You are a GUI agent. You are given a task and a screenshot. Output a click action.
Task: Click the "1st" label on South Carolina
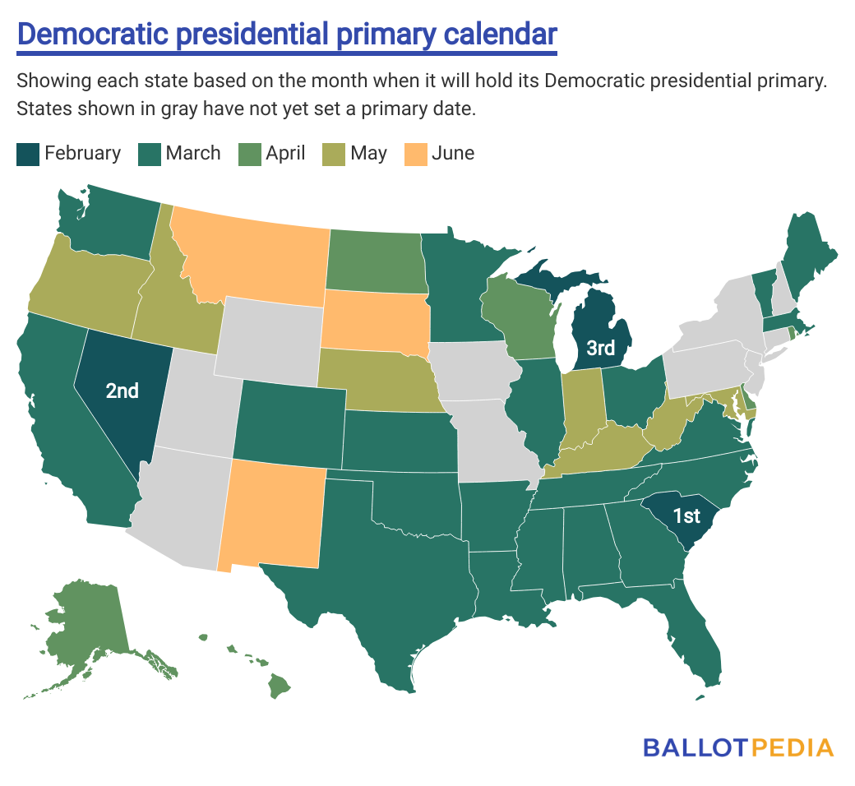point(686,516)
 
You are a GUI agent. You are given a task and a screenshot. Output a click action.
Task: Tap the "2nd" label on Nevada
point(122,391)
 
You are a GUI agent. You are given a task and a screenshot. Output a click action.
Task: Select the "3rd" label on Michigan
point(600,348)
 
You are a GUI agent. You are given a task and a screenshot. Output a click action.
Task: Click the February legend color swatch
point(27,154)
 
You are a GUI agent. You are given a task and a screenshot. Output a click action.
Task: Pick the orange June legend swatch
point(416,154)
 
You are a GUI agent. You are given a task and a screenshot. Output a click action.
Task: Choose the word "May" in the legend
point(367,154)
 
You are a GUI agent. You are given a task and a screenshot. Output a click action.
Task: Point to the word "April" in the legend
point(285,154)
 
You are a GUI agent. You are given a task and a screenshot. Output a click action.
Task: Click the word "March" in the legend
point(192,154)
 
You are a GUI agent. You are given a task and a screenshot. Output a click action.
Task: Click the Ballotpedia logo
point(738,747)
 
